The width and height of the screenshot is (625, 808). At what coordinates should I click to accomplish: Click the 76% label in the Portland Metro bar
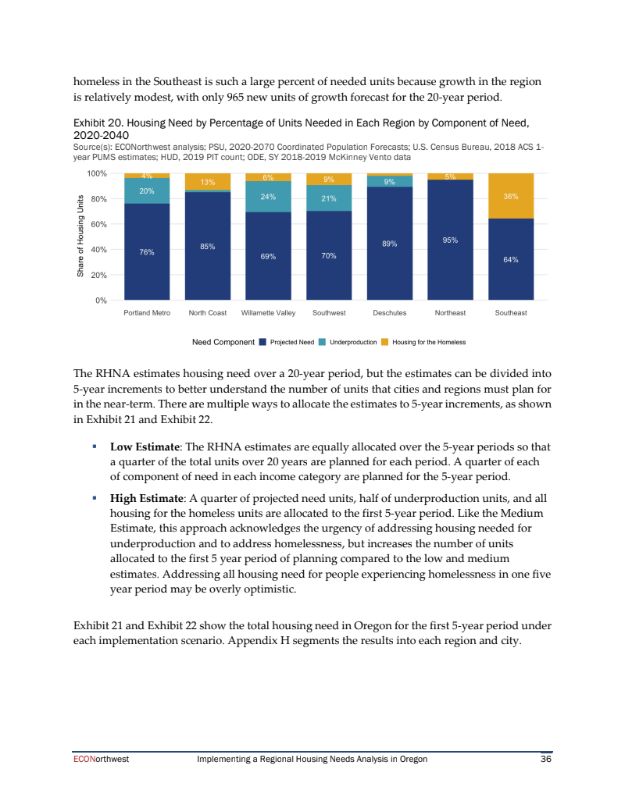click(147, 252)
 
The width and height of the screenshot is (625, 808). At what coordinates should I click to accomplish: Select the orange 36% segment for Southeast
click(511, 196)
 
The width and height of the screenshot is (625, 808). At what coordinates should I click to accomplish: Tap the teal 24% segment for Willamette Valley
click(268, 196)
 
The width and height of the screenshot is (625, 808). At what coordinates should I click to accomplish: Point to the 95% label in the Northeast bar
click(450, 240)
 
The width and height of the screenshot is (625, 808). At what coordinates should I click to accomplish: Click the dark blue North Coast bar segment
click(208, 246)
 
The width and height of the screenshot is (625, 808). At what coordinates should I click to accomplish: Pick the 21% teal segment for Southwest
click(329, 198)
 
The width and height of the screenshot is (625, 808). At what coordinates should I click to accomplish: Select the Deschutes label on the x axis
click(389, 313)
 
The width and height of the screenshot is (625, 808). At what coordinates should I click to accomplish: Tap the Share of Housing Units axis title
click(80, 237)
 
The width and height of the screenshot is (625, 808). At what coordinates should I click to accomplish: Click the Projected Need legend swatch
click(262, 342)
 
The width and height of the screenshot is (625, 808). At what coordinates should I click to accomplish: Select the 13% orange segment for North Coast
click(208, 182)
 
